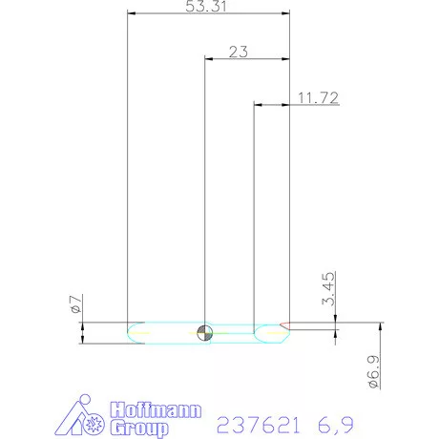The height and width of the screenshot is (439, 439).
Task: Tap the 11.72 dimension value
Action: tap(317, 97)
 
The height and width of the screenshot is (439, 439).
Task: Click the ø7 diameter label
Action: tap(74, 304)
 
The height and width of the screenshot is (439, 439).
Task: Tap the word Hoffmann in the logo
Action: tap(154, 411)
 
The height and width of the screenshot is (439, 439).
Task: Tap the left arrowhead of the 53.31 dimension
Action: tap(133, 14)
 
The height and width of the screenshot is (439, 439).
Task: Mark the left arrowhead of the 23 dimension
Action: tap(209, 58)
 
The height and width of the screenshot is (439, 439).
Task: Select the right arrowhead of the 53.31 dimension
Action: tap(285, 14)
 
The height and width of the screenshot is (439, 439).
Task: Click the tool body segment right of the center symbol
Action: tap(234, 332)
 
